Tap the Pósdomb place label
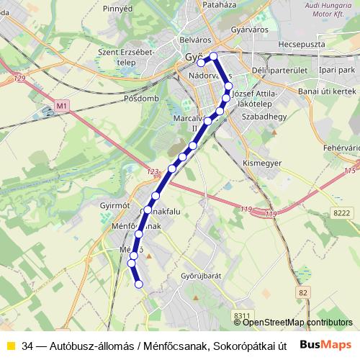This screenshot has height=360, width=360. [140, 97]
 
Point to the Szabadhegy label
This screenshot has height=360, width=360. [261, 115]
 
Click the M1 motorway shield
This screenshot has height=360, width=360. [62, 107]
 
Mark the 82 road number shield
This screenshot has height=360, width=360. [302, 292]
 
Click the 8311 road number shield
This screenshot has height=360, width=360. [242, 315]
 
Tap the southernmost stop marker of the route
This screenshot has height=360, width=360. [139, 284]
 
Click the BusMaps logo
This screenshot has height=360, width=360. [325, 345]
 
